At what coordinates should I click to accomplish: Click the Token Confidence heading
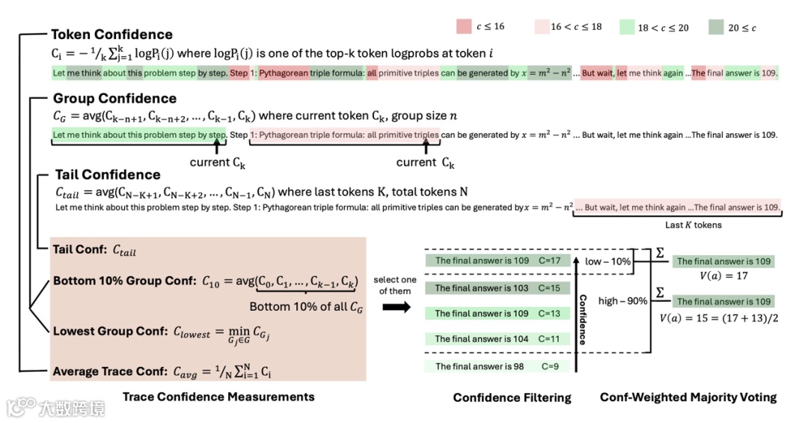(111, 34)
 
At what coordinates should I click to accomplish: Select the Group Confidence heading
(114, 98)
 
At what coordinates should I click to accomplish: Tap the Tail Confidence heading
(108, 174)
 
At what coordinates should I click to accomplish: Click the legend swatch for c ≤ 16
(463, 27)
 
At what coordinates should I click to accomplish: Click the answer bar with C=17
(498, 261)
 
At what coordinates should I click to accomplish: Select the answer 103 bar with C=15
(498, 287)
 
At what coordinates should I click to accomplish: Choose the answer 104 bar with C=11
(498, 339)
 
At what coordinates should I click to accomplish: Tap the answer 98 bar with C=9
(498, 366)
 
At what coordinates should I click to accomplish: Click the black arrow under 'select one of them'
(396, 307)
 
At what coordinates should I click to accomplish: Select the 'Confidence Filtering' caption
(512, 398)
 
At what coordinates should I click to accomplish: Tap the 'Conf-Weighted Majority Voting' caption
(688, 398)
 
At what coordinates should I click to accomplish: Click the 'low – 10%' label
(608, 261)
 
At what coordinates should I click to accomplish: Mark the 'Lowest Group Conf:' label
(105, 331)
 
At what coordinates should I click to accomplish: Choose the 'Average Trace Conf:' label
(108, 371)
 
